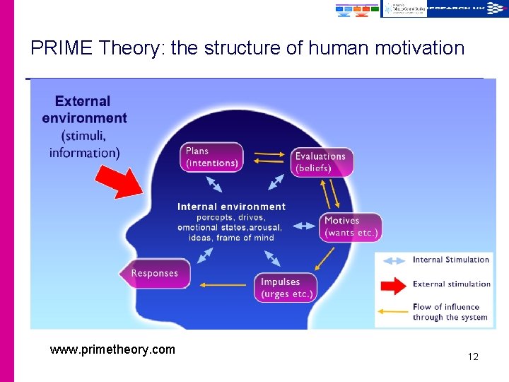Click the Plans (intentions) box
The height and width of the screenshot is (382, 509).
[x=211, y=157]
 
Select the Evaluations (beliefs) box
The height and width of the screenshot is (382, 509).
[x=321, y=162]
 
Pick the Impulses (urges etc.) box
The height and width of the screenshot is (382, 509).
[x=286, y=287]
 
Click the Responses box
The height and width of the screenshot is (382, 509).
[x=155, y=274]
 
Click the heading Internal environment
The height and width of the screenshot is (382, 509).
[x=231, y=207]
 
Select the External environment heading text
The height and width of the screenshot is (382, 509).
[x=83, y=110]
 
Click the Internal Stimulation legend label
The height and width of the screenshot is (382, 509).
[x=451, y=260]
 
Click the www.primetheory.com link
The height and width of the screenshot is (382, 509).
[x=112, y=349]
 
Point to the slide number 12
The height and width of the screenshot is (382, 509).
[x=473, y=357]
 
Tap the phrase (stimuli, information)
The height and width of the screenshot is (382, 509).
[x=85, y=144]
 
